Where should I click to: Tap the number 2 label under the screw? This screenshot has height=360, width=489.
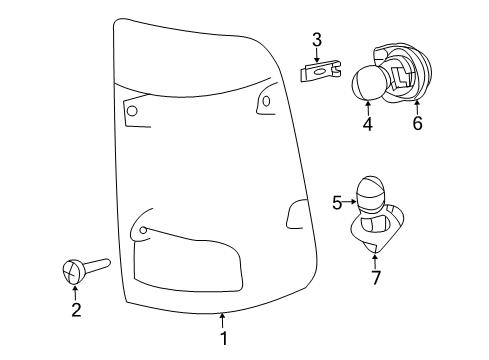coord(74,311)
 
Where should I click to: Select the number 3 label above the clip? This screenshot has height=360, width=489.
coord(316,40)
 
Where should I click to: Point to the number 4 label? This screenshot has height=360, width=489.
coord(367,125)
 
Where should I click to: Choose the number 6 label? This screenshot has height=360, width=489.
coord(417,125)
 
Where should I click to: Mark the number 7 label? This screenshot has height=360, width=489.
coord(376,277)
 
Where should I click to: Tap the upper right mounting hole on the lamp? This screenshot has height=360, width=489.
coord(266,100)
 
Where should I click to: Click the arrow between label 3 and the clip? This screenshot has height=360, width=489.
coord(316,56)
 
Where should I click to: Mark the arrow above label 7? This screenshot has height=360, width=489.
coord(376,259)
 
